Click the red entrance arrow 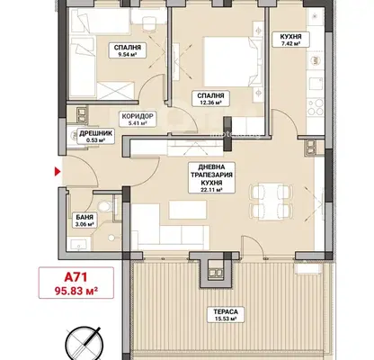click(x=57, y=172)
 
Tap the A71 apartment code click(x=76, y=277)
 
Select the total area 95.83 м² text click(x=76, y=291)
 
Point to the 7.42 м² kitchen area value click(x=290, y=44)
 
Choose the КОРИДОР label click(x=138, y=116)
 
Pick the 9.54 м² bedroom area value click(x=128, y=55)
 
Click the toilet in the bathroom click(x=105, y=206)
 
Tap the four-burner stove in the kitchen click(x=316, y=107)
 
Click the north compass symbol click(x=84, y=342)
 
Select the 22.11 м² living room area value click(x=211, y=190)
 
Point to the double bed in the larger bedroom click(x=231, y=61)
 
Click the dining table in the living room click(x=272, y=200)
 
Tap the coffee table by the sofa click(x=188, y=210)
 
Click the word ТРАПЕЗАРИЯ click(x=211, y=175)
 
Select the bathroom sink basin click(x=78, y=244)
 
